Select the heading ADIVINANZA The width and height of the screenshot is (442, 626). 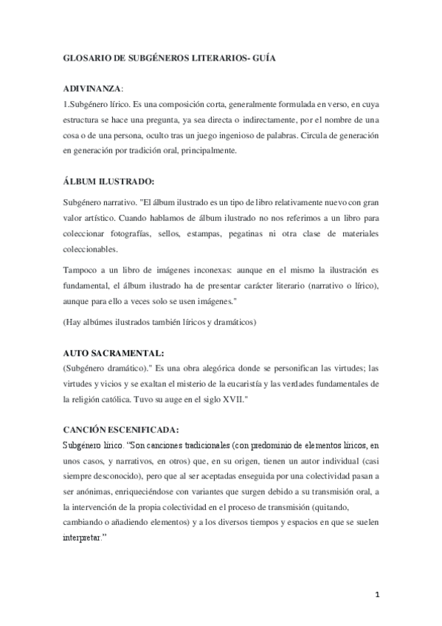[x=93, y=89]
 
